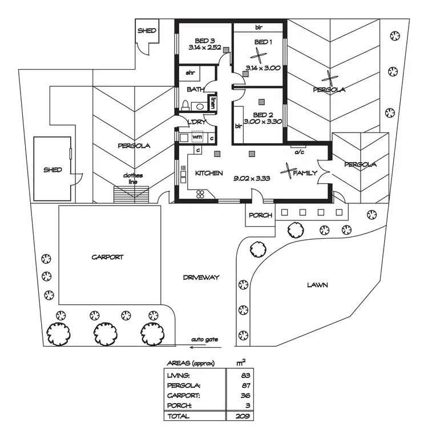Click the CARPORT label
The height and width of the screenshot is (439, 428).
[107, 257]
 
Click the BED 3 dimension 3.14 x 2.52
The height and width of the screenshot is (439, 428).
[205, 48]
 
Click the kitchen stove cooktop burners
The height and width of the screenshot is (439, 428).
[202, 194]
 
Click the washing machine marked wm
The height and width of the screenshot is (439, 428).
[197, 137]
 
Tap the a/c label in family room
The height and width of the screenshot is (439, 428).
[298, 152]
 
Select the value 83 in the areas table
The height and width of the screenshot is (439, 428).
[245, 375]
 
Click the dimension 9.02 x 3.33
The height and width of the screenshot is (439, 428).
[252, 178]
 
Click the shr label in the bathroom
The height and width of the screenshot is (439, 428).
[191, 74]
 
